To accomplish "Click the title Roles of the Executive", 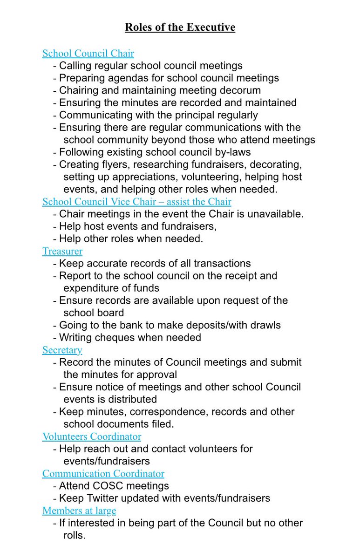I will click(x=180, y=27).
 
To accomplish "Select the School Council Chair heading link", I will click(x=88, y=54).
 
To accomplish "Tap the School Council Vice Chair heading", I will click(x=136, y=202).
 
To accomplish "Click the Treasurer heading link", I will click(x=62, y=251).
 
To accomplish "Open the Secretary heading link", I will click(x=62, y=350).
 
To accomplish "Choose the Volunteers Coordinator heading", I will click(x=92, y=436).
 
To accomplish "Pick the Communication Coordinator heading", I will click(x=103, y=473).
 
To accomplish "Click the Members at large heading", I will click(x=79, y=511).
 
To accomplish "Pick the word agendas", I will click(x=122, y=78).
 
